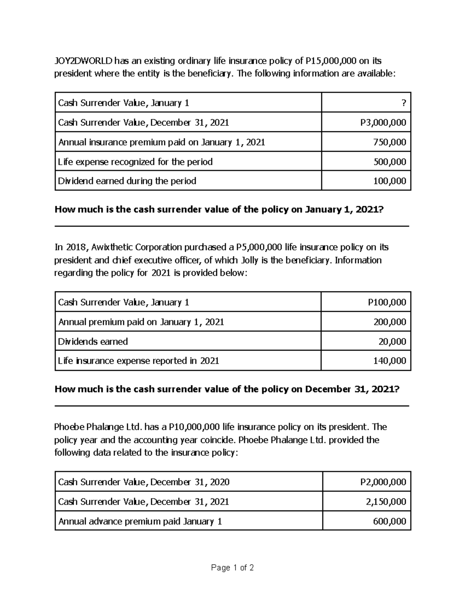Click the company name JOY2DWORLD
pyautogui.click(x=83, y=61)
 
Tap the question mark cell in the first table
pyautogui.click(x=404, y=103)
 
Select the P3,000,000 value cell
pyautogui.click(x=383, y=123)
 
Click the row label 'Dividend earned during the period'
pyautogui.click(x=127, y=181)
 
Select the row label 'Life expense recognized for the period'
pyautogui.click(x=135, y=162)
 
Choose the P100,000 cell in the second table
pyautogui.click(x=387, y=302)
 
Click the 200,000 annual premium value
pyautogui.click(x=389, y=322)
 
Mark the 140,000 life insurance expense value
pyautogui.click(x=389, y=361)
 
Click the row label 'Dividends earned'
pyautogui.click(x=93, y=342)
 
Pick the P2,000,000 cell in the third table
pyautogui.click(x=383, y=482)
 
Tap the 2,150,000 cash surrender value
pyautogui.click(x=386, y=502)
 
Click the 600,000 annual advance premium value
pyautogui.click(x=389, y=522)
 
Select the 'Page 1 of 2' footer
pyautogui.click(x=232, y=568)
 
